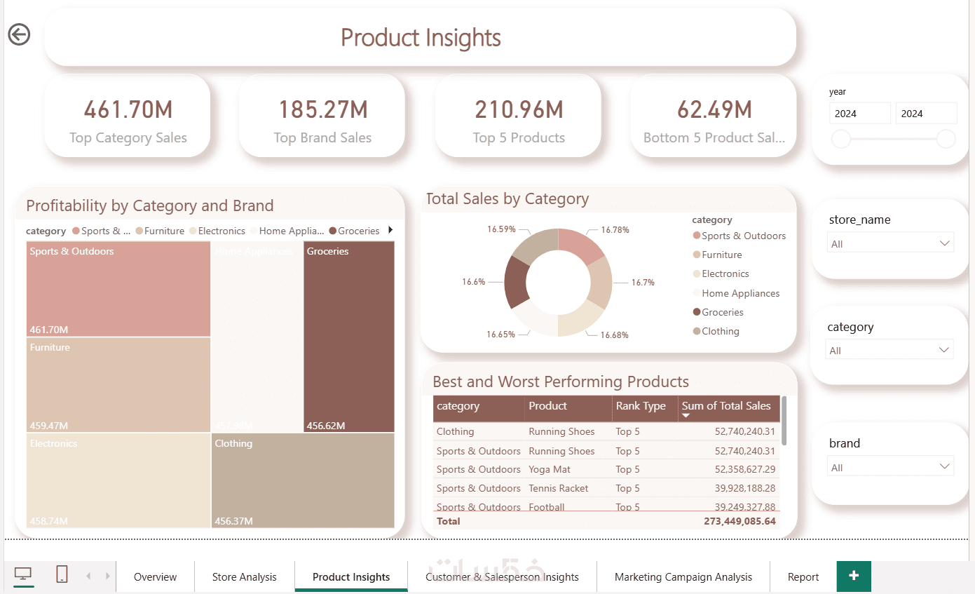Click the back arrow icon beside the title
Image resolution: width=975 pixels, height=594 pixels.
(x=19, y=34)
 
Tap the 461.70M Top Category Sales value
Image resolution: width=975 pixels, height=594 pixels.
(x=128, y=109)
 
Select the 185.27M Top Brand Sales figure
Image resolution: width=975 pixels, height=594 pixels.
(x=322, y=109)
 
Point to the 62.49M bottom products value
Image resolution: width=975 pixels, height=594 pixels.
(x=714, y=109)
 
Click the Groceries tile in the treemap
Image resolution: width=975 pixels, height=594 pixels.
(x=349, y=337)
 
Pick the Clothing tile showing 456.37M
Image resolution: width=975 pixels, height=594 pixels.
(x=303, y=480)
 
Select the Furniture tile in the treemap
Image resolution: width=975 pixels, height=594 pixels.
(x=118, y=384)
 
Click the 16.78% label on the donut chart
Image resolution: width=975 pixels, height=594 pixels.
(x=615, y=229)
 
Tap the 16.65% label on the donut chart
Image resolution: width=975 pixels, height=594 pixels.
(x=500, y=335)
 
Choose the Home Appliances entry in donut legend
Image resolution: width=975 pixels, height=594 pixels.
(x=740, y=293)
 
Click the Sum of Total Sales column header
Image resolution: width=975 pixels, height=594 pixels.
(x=725, y=406)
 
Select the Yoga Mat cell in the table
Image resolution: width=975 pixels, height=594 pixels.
(x=549, y=469)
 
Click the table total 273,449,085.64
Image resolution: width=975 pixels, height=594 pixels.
(x=739, y=521)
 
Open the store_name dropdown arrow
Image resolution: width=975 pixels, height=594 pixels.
(x=945, y=243)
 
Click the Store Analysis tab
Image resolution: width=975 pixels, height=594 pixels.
(x=244, y=577)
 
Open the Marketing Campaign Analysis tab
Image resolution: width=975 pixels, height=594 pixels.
(x=683, y=577)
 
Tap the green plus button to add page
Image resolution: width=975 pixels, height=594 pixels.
(x=853, y=576)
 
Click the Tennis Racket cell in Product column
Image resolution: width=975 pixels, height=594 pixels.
(x=558, y=488)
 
